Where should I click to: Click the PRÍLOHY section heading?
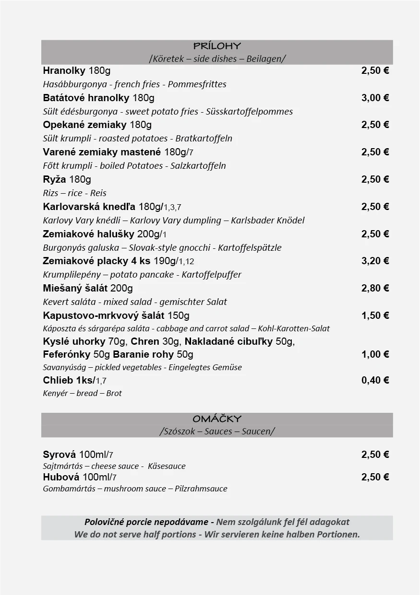(217, 46)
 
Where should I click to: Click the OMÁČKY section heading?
(217, 419)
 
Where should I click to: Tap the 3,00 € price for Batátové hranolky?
(375, 98)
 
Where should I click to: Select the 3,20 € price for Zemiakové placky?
(375, 261)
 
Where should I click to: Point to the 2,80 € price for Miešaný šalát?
(375, 288)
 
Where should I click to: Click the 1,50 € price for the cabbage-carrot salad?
(375, 315)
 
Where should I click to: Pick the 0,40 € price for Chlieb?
(375, 380)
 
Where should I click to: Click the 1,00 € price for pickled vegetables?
(375, 354)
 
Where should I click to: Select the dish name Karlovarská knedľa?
(89, 207)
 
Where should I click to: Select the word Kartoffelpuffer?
(211, 275)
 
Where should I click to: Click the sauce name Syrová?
(59, 455)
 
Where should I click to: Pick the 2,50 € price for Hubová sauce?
(375, 477)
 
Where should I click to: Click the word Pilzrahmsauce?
(201, 489)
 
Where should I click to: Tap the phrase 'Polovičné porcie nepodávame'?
(146, 522)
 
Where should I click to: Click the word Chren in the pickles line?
(145, 342)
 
